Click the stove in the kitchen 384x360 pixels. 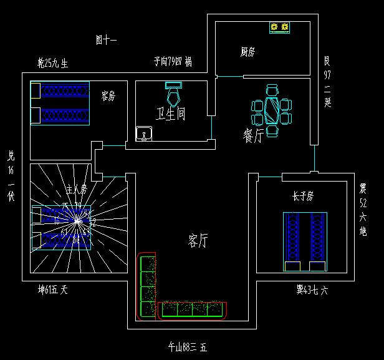click(280, 27)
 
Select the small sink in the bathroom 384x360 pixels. click(144, 133)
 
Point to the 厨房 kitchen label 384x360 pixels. click(247, 52)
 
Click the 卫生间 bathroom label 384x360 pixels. click(170, 114)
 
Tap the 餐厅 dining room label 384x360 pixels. click(253, 135)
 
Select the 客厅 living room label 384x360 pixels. click(199, 240)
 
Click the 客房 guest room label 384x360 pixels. click(108, 95)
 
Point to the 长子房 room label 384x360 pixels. click(302, 197)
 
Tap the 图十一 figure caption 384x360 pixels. click(106, 41)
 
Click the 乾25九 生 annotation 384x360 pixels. click(52, 62)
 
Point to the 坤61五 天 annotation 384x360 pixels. click(52, 289)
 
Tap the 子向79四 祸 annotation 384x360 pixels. click(173, 61)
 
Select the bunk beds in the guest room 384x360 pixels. click(60, 103)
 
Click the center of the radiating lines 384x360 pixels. click(77, 220)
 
